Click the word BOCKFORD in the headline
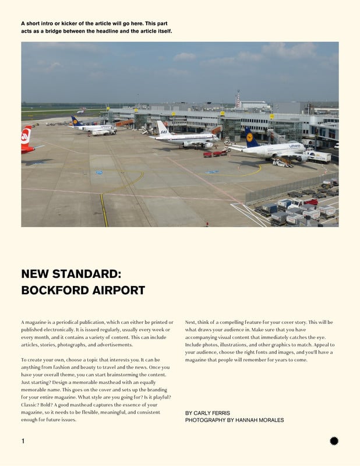(x=51, y=290)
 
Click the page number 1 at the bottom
(x=23, y=441)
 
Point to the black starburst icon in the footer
(x=334, y=441)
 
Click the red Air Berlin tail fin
(x=27, y=135)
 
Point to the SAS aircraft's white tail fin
(x=162, y=128)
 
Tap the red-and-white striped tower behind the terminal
(x=238, y=99)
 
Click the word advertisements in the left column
(x=113, y=345)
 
